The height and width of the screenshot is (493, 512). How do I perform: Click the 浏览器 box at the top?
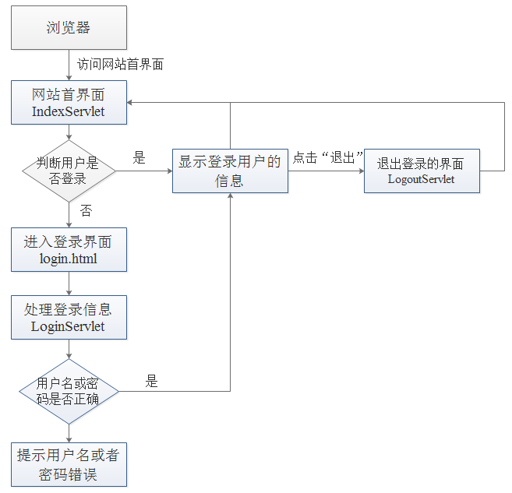[x=68, y=28]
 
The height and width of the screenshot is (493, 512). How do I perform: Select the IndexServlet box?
[x=68, y=103]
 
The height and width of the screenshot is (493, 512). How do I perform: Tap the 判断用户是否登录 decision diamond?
[x=68, y=171]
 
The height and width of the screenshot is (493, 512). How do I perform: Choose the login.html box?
[x=68, y=249]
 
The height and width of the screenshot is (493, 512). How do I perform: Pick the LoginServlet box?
[x=68, y=318]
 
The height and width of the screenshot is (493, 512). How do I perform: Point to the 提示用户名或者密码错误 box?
[x=68, y=464]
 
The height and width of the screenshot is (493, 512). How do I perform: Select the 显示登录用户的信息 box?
[x=230, y=171]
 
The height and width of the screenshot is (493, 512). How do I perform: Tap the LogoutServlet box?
[x=422, y=171]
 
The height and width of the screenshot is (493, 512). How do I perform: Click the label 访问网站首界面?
[x=120, y=64]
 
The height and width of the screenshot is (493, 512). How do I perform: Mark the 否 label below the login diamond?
[x=86, y=211]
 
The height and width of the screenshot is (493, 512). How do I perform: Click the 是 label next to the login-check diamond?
[x=139, y=158]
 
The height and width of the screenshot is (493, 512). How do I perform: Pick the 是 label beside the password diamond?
[x=151, y=382]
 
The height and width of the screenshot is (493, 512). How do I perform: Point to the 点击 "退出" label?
[x=328, y=158]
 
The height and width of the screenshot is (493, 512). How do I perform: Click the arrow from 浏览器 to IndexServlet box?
[x=69, y=65]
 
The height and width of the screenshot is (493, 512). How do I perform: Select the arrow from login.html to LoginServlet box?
[x=69, y=283]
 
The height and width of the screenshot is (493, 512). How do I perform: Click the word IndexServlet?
[x=68, y=111]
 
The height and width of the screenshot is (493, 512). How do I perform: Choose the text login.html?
[x=68, y=258]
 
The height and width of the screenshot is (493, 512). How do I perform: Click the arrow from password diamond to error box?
[x=69, y=432]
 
